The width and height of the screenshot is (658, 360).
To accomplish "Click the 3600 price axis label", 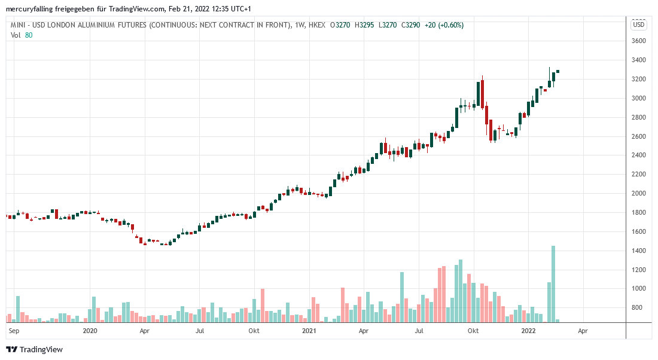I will (x=638, y=41).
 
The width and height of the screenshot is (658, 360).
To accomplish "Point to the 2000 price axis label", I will (x=638, y=193).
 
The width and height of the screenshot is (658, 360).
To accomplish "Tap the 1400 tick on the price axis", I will (x=638, y=251).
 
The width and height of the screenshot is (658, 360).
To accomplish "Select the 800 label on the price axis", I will (x=638, y=307).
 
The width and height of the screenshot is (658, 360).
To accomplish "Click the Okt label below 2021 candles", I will (x=473, y=330).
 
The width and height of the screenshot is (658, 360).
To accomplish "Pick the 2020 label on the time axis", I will (x=90, y=330).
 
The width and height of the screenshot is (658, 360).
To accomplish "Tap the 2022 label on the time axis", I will (x=528, y=330).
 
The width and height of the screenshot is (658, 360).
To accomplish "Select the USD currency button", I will (x=639, y=25).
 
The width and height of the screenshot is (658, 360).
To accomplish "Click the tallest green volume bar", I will (x=553, y=284).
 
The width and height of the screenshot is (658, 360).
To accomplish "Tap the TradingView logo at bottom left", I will (x=34, y=349).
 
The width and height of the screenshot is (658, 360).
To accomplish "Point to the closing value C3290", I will (x=410, y=25).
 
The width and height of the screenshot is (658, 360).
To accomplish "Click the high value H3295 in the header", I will (x=364, y=25).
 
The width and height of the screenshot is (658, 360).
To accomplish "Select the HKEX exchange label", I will (x=318, y=25).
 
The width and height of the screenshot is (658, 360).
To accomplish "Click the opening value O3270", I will (x=341, y=25).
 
